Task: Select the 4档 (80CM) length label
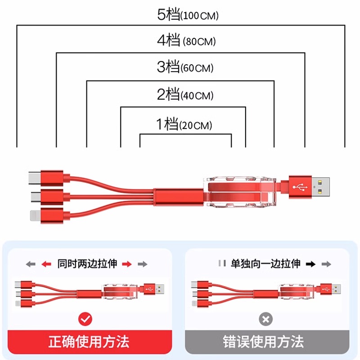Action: pyautogui.click(x=187, y=42)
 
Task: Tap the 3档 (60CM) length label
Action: pyautogui.click(x=185, y=68)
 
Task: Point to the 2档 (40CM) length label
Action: pyautogui.click(x=185, y=95)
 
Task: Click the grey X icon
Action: pyautogui.click(x=266, y=319)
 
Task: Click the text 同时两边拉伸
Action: pyautogui.click(x=87, y=264)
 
